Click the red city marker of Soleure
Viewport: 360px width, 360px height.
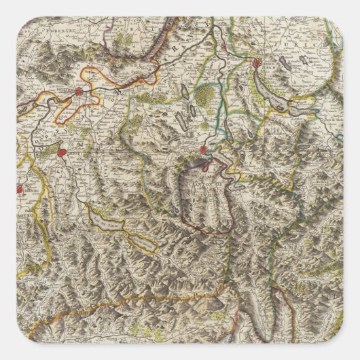pyautogui.click(x=79, y=91)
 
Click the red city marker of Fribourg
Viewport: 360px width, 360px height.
pyautogui.click(x=20, y=190)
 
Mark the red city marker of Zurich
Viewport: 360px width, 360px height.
pyautogui.click(x=257, y=65)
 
